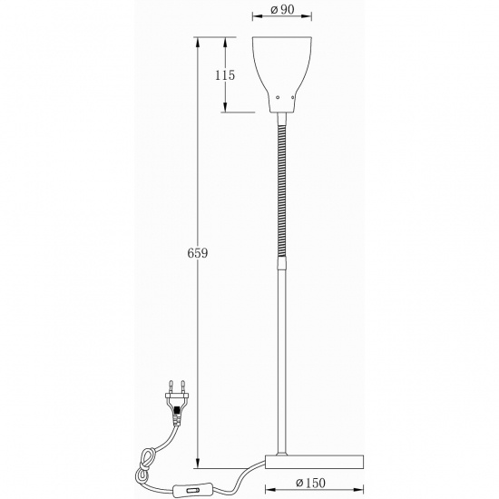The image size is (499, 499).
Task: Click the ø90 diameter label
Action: pyautogui.click(x=283, y=12)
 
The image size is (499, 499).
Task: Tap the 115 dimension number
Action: pyautogui.click(x=225, y=75)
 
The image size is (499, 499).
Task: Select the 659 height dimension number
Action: pyautogui.click(x=198, y=255)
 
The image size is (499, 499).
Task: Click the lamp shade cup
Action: pyautogui.click(x=283, y=68)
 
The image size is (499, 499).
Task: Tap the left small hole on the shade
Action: pyautogui.click(x=276, y=95)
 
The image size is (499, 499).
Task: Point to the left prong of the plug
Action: pyautogui.click(x=171, y=386)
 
